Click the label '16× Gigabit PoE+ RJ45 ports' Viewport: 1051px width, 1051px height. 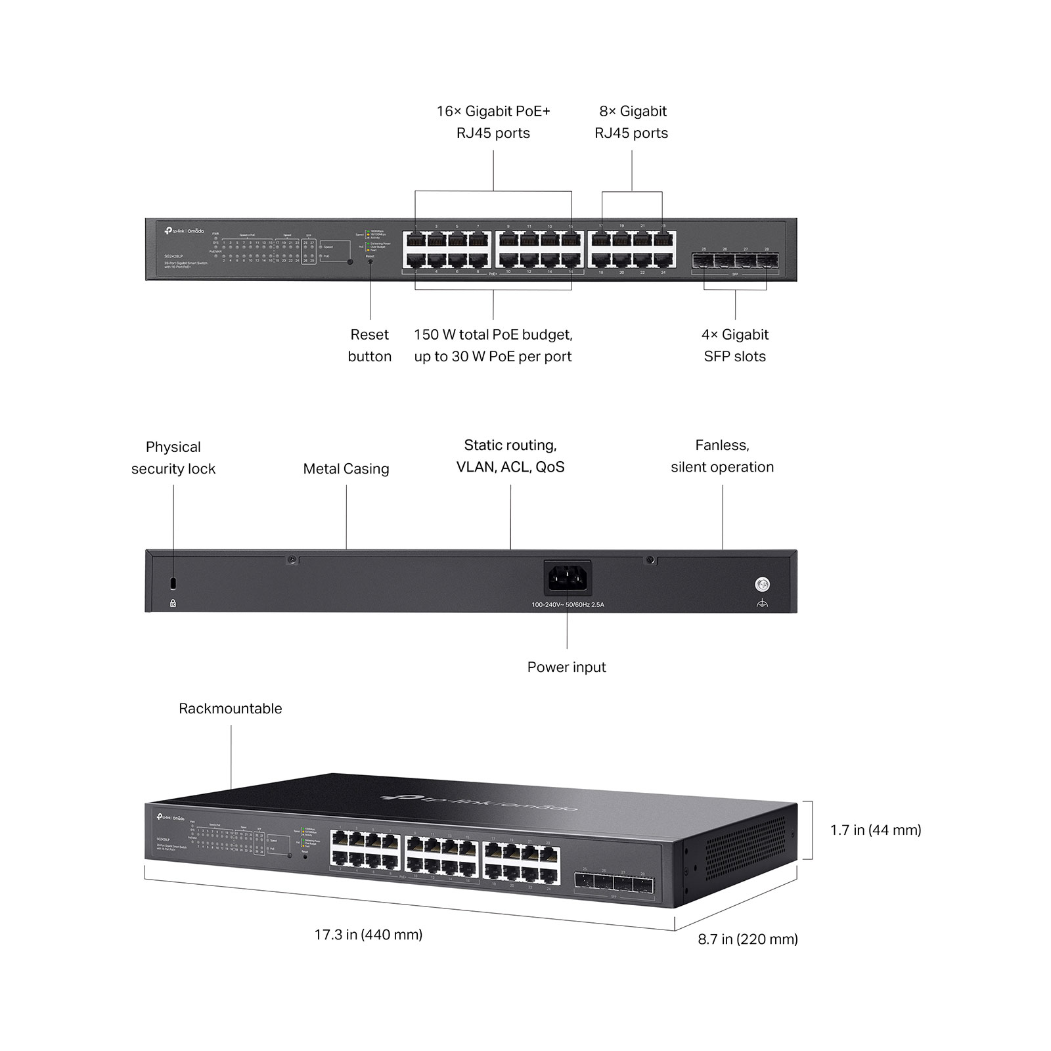[493, 122]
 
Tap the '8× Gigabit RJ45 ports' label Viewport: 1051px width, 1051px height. [631, 122]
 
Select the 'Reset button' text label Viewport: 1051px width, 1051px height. [370, 346]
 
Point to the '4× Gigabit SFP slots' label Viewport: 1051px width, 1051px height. [734, 346]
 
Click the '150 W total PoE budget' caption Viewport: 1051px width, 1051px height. [493, 346]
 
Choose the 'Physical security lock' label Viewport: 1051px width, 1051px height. [173, 458]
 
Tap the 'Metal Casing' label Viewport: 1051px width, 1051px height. [346, 469]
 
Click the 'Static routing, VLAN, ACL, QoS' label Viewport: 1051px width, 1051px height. [510, 456]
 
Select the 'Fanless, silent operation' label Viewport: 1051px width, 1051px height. [722, 456]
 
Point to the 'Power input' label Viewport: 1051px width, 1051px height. [566, 667]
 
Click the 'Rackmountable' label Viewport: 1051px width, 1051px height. [231, 709]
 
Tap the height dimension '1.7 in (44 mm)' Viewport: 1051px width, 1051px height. [876, 830]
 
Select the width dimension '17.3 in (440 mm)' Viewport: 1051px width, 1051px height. [369, 935]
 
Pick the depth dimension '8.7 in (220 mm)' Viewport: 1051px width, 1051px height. [748, 939]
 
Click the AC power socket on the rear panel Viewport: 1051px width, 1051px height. [568, 578]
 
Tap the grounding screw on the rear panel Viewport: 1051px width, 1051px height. [762, 584]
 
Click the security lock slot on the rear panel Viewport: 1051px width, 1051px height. [173, 583]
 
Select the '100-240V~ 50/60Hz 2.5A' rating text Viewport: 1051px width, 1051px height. [568, 604]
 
